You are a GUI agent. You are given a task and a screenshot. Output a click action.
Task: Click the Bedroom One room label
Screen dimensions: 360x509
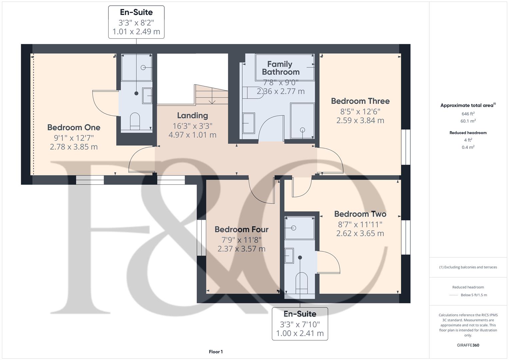[74, 127]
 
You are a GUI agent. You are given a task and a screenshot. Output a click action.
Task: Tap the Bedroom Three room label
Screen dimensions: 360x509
[360, 101]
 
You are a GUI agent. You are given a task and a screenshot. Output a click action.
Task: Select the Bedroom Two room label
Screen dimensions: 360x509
[360, 214]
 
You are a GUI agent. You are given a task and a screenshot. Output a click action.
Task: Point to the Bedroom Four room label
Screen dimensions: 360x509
[241, 229]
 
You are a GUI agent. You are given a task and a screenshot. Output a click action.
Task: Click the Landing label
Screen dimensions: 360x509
[192, 116]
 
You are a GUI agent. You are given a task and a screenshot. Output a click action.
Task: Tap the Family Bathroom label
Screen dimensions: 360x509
[280, 68]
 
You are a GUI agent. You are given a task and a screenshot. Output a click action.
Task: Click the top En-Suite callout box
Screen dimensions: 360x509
[136, 22]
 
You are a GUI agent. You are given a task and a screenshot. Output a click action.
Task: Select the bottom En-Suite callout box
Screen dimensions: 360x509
[300, 324]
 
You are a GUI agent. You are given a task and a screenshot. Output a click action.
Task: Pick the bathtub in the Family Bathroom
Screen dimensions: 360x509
[285, 67]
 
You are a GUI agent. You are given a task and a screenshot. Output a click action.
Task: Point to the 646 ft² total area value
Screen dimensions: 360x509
[468, 114]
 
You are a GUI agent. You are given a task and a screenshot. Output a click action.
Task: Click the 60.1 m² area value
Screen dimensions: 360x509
[468, 121]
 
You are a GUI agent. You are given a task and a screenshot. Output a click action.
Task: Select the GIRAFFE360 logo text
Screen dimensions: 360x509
[468, 345]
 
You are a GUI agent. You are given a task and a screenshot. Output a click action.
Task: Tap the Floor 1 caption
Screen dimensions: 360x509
[216, 352]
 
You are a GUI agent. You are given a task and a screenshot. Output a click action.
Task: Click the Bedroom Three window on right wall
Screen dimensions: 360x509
[406, 147]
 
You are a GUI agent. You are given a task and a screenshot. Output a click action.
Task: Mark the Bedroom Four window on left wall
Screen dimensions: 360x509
[201, 238]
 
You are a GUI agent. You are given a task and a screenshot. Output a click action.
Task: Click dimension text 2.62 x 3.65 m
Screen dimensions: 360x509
[360, 233]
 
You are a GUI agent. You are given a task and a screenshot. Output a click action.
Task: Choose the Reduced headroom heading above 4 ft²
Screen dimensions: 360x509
[468, 133]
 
